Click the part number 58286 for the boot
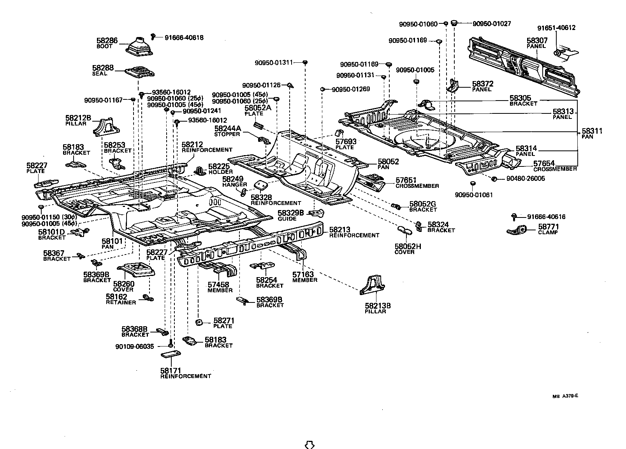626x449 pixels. coord(107,40)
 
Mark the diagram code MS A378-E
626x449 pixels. coord(565,396)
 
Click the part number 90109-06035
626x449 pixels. coord(135,346)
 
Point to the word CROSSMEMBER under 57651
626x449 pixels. coord(417,186)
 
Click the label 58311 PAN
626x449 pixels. coord(592,133)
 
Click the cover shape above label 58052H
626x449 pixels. coord(405,230)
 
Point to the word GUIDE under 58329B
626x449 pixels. coord(287,219)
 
